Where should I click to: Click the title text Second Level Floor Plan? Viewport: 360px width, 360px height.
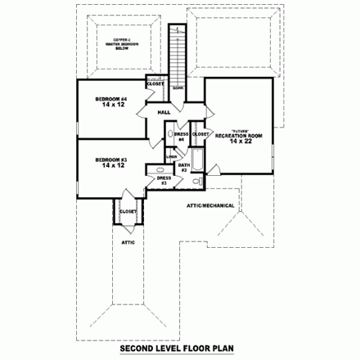(179, 348)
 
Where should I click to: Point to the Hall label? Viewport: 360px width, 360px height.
(163, 112)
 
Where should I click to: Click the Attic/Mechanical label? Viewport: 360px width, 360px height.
(211, 205)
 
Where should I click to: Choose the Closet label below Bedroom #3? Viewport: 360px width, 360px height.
(128, 212)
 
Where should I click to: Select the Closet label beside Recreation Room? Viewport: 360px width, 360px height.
(197, 133)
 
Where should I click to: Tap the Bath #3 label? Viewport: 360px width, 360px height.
(184, 168)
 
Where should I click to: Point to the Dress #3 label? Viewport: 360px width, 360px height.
(163, 180)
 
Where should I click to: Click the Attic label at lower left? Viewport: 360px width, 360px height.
(128, 242)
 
